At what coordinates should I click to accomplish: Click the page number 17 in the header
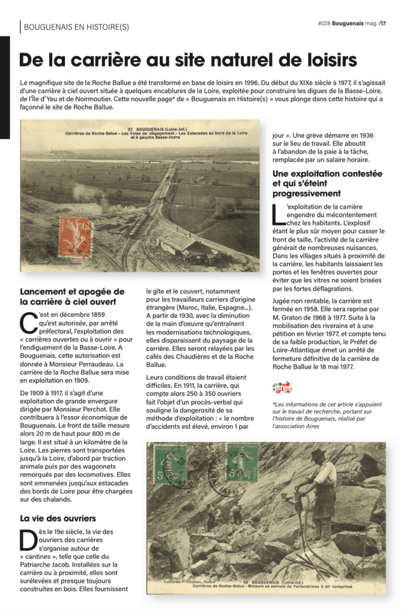[383, 24]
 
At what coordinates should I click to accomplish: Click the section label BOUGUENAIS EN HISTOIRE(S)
[76, 27]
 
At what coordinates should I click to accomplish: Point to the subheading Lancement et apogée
[72, 291]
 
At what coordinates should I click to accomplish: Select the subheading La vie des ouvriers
[58, 518]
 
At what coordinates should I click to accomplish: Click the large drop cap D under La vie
[28, 540]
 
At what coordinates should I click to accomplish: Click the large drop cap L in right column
[277, 215]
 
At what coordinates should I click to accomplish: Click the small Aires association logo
[282, 387]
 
